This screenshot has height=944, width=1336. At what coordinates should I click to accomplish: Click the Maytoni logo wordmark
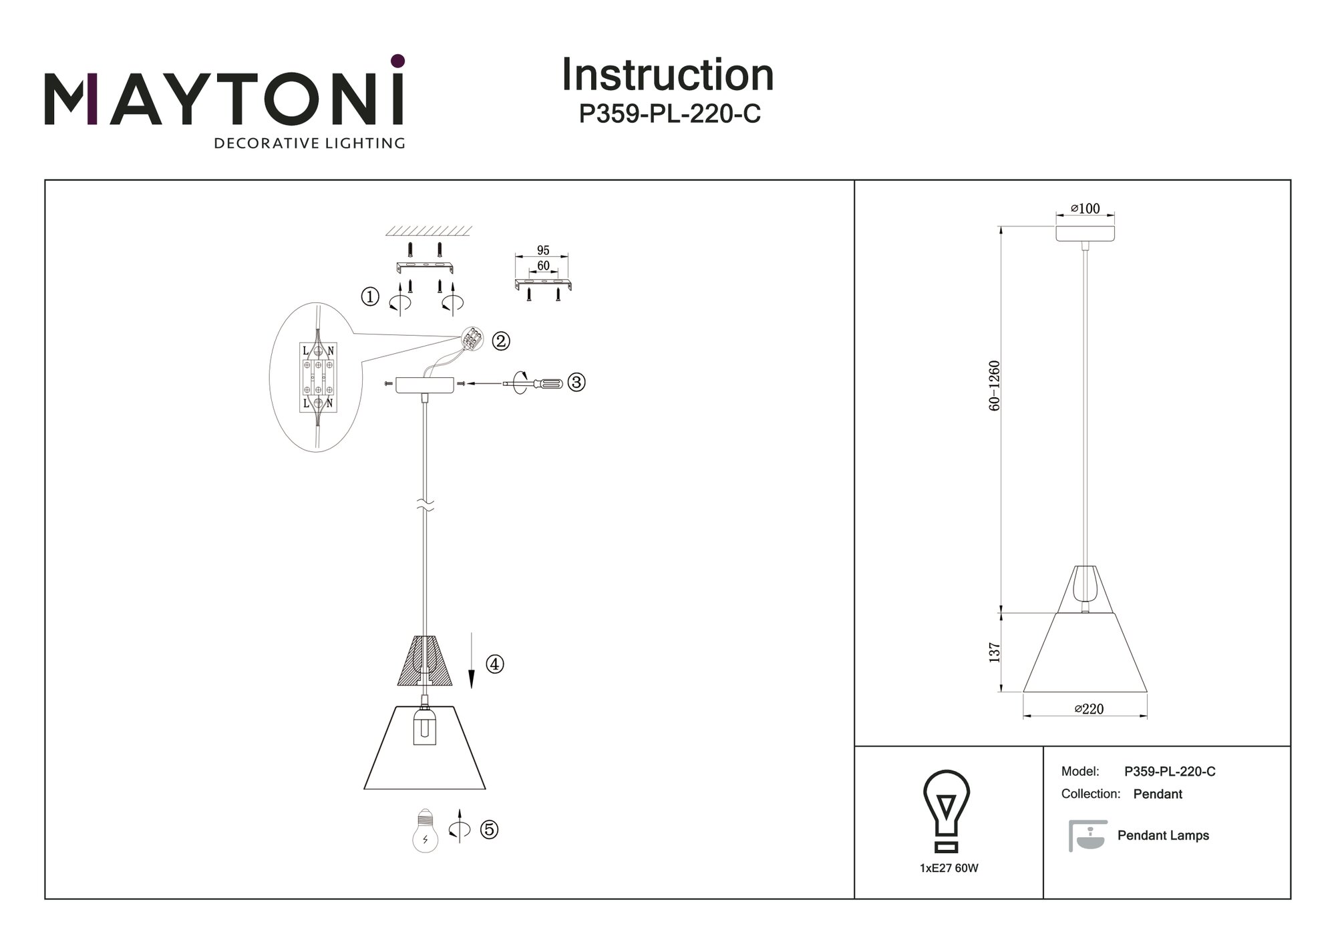coord(224,93)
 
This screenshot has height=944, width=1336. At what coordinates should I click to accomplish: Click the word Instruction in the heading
coord(667,75)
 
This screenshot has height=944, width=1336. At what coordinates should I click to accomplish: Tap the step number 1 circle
coord(370,296)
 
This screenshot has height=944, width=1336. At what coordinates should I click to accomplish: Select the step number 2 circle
coord(501,341)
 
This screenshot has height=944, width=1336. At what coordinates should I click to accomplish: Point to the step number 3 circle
coord(576,383)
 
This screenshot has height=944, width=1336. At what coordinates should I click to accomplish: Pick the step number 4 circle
coord(495,664)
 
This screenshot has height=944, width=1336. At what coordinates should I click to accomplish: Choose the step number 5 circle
coord(490,830)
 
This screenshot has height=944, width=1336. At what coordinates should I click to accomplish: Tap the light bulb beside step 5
coord(426,831)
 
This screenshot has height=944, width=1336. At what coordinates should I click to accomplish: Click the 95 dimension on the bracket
coord(543,250)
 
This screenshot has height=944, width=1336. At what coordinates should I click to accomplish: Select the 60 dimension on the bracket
coord(543,266)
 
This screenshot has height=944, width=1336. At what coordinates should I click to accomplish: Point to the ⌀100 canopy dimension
coord(1085,208)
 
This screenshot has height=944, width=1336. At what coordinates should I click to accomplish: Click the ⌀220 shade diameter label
coord(1089,709)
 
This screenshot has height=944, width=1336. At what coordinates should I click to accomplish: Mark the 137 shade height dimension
coord(995,652)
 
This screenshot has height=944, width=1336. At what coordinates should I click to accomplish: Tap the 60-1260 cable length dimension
coord(995,386)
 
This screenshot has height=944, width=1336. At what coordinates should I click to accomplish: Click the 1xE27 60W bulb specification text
coord(949,869)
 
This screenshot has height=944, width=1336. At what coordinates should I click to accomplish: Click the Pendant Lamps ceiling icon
coord(1088,836)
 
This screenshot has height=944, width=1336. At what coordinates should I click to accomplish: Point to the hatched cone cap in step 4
coord(425,661)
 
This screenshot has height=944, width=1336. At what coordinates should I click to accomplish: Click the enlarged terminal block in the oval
coord(318,377)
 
